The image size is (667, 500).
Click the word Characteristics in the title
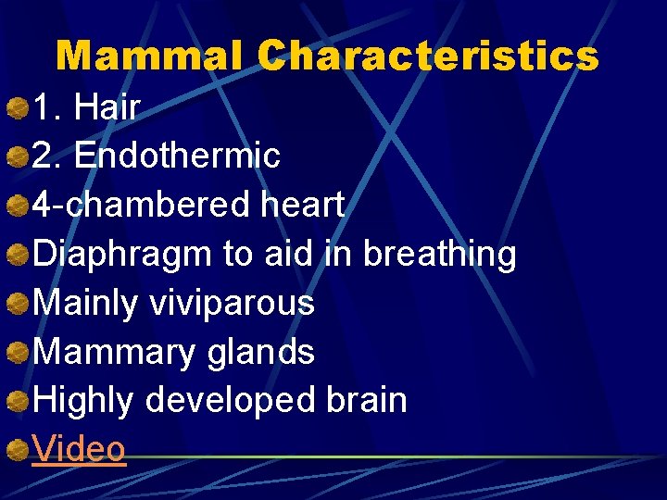[x=428, y=56]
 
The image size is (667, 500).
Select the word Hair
[x=107, y=108]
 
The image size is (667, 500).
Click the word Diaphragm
[x=122, y=254]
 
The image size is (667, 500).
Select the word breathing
[x=439, y=254]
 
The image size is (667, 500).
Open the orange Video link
[x=79, y=449]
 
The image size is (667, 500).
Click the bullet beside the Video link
[x=16, y=451]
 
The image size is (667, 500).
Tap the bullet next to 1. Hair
[x=16, y=109]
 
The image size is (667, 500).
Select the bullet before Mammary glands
[x=16, y=353]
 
